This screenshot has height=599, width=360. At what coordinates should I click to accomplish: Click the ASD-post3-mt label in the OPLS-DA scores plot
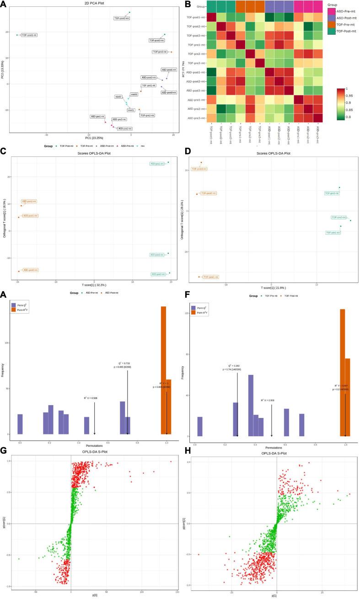(x=30, y=270)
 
